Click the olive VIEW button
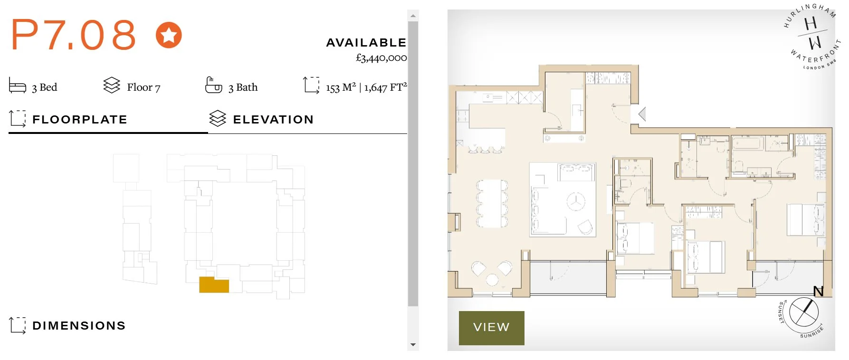[x=491, y=328]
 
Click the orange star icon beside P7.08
[x=169, y=35]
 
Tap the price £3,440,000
[x=381, y=58]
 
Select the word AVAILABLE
[x=366, y=43]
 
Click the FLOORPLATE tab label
[x=79, y=120]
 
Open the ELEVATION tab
[x=273, y=120]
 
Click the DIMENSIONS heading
[x=79, y=326]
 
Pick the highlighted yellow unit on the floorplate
[x=214, y=285]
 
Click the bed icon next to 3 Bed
[x=18, y=86]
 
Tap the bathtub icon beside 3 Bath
[x=213, y=85]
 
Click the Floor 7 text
[x=143, y=87]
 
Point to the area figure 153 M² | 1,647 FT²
[x=366, y=87]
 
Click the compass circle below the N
[x=804, y=313]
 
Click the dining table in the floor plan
[x=492, y=203]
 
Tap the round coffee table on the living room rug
[x=576, y=201]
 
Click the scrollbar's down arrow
[x=413, y=345]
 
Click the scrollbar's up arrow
[x=413, y=16]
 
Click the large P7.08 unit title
[x=74, y=35]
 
